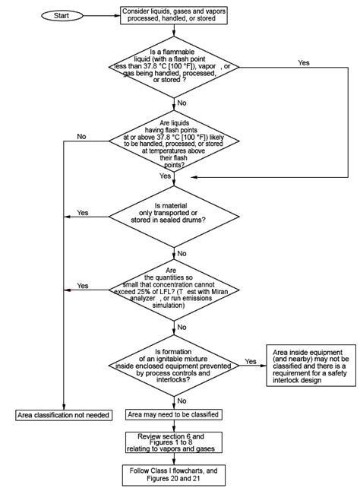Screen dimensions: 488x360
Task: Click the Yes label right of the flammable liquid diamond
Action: pos(304,63)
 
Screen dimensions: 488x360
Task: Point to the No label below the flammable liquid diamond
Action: pos(182,102)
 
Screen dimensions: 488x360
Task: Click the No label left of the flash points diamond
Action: pos(81,137)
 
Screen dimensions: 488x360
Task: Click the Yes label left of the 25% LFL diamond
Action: pos(82,286)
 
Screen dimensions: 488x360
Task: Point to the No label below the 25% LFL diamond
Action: pos(182,327)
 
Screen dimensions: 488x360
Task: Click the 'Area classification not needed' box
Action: pos(64,415)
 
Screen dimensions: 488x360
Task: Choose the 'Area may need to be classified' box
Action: pos(174,415)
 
